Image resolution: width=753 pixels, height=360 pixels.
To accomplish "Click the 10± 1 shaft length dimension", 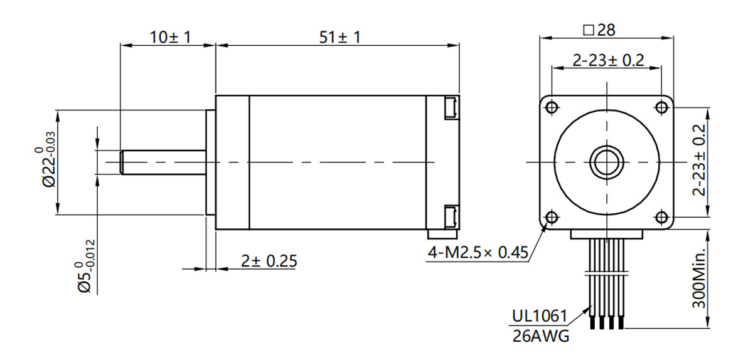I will click(x=170, y=37).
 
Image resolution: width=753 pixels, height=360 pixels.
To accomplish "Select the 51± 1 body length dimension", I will click(x=340, y=37).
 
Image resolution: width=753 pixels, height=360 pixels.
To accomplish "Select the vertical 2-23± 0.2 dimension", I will click(x=699, y=160).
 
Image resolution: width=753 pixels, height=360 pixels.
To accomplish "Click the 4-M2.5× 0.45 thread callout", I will click(x=478, y=254).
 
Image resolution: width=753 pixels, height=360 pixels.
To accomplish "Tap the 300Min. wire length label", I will click(x=699, y=277).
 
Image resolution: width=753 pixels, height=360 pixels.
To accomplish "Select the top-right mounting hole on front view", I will click(x=661, y=107).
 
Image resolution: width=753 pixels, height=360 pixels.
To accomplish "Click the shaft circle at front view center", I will click(x=606, y=162).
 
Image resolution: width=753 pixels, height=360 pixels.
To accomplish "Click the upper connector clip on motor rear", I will click(x=450, y=107).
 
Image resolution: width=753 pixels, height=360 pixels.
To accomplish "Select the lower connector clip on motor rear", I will click(x=450, y=216).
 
